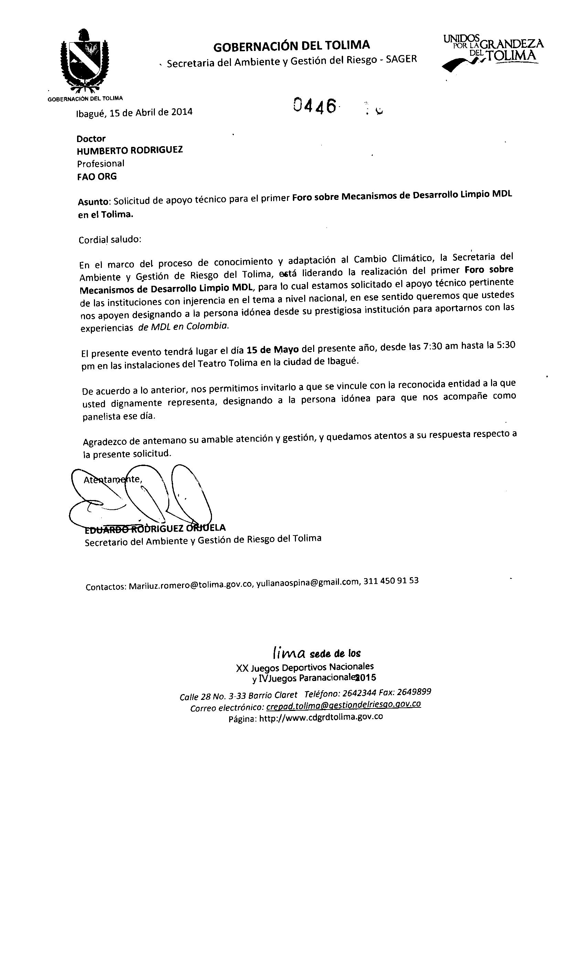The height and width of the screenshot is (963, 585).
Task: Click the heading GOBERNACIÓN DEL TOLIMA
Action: pyautogui.click(x=291, y=46)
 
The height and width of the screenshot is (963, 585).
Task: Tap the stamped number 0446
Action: pyautogui.click(x=315, y=106)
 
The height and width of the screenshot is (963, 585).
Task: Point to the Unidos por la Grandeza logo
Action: pyautogui.click(x=493, y=53)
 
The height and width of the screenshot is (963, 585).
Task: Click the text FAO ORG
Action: pyautogui.click(x=97, y=177)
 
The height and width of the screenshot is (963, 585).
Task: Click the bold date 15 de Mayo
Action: pyautogui.click(x=273, y=349)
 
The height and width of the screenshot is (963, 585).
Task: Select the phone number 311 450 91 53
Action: pyautogui.click(x=391, y=581)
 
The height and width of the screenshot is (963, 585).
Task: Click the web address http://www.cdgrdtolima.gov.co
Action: pyautogui.click(x=321, y=717)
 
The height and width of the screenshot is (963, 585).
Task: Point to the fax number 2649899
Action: pyautogui.click(x=414, y=692)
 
